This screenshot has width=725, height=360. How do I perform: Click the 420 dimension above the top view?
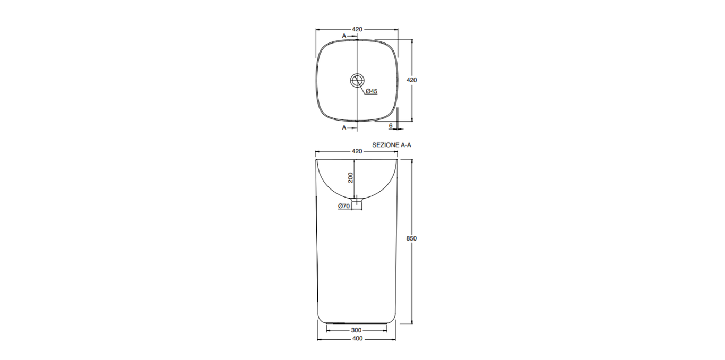point(357,29)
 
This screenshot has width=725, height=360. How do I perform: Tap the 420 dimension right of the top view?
point(412,80)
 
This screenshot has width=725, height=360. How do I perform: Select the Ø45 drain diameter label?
point(372,91)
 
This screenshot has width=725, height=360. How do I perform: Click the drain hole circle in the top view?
point(357,80)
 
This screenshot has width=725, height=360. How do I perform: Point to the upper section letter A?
point(344,36)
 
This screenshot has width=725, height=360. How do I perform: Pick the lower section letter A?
point(344,128)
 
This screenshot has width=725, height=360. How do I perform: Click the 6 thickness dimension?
point(391,126)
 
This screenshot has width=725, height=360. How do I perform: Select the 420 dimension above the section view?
point(357,151)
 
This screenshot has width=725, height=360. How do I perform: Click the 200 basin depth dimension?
point(350,177)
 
